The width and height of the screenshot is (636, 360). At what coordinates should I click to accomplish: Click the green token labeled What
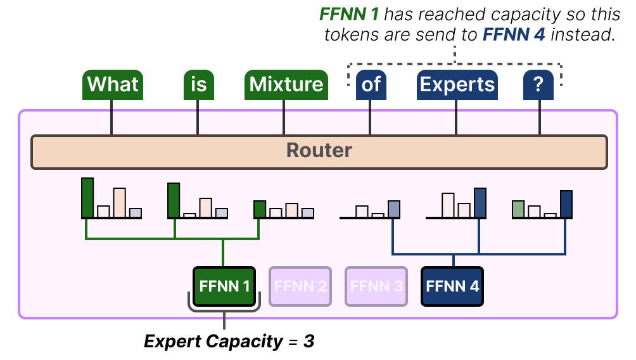112,85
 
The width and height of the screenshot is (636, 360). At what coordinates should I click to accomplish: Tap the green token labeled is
198,85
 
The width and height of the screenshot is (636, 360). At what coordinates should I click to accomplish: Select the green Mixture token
286,85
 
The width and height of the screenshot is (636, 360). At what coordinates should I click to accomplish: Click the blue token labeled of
371,85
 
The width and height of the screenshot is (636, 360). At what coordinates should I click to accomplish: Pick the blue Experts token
457,85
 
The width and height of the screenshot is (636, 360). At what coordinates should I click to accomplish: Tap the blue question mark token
538,85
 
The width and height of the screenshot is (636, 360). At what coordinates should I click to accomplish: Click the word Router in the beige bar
319,151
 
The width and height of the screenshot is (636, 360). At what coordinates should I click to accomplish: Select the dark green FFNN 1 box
224,286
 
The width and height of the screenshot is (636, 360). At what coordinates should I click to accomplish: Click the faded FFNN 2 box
300,286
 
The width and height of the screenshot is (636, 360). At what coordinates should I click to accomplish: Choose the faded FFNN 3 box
376,286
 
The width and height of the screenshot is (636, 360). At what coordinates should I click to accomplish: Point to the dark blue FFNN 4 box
452,286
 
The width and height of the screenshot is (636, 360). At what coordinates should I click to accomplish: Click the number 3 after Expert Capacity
308,342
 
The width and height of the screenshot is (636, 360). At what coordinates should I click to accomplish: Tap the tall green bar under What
87,198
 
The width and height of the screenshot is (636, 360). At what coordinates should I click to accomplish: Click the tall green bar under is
174,200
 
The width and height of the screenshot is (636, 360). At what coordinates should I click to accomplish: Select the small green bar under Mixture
259,209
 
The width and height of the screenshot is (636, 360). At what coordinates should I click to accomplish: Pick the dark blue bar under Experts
480,203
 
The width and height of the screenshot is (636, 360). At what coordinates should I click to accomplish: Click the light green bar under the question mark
518,209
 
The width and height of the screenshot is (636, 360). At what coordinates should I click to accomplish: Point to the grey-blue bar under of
394,209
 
